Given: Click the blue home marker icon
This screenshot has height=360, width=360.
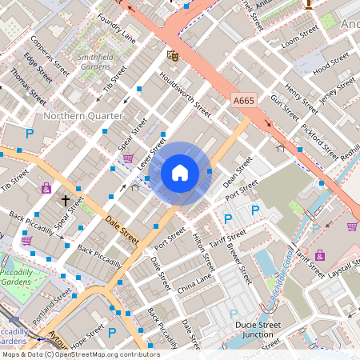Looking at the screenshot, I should click(180, 173).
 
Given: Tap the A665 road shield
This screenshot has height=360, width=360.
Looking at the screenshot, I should click(245, 100).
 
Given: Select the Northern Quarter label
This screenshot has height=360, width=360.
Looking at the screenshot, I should click(83, 116).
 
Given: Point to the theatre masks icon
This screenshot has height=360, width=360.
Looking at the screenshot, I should click(172, 55).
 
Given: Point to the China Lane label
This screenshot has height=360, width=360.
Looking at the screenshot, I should click(195, 282).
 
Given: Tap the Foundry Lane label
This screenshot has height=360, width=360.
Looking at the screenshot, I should click(117, 29).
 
